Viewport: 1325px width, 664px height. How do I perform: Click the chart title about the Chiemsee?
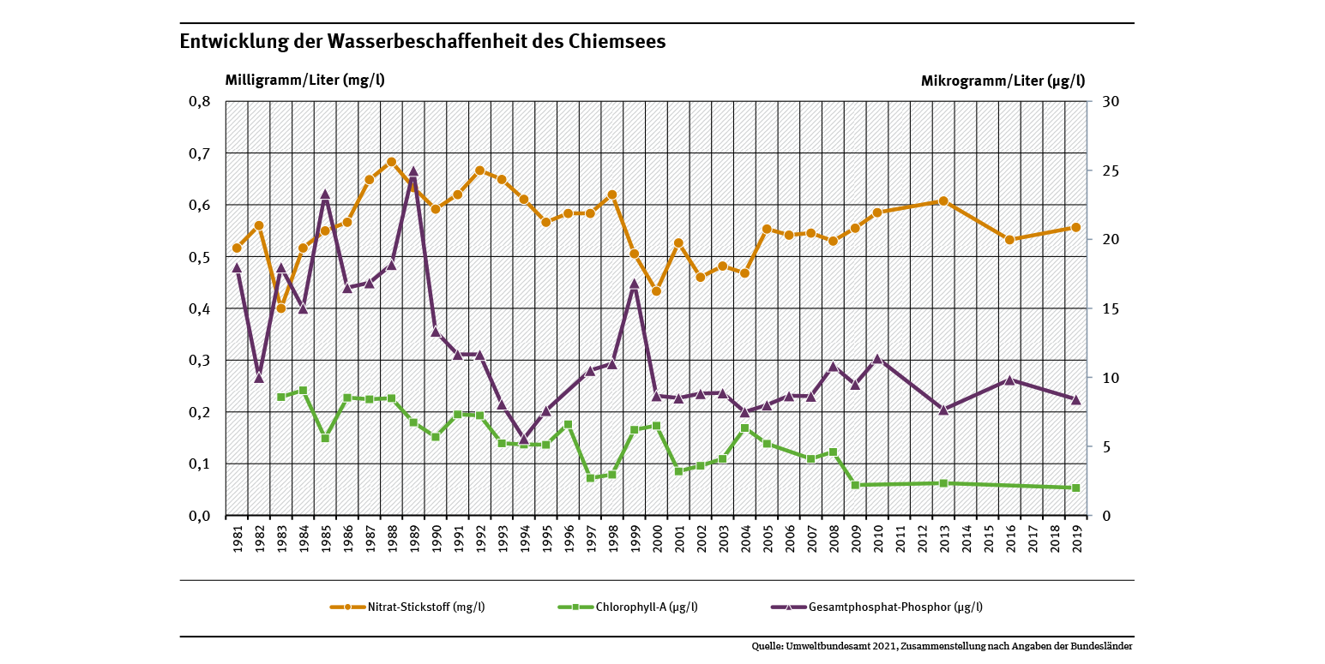[x=422, y=42]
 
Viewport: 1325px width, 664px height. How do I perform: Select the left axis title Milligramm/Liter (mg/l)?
[x=304, y=81]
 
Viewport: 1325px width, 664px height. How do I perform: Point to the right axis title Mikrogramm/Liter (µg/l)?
[x=1003, y=81]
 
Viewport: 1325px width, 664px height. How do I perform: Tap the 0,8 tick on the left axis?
[x=198, y=102]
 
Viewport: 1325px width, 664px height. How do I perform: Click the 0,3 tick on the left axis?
[x=198, y=361]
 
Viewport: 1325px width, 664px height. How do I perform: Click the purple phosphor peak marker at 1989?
[x=413, y=171]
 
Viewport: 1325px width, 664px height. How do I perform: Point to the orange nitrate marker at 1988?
[x=391, y=162]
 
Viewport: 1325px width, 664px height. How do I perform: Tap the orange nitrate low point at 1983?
[x=280, y=308]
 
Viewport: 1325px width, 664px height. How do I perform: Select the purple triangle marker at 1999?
[x=635, y=284]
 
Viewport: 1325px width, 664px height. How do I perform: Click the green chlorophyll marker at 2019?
[x=1075, y=488]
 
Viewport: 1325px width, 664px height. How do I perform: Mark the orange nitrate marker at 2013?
[x=943, y=201]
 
